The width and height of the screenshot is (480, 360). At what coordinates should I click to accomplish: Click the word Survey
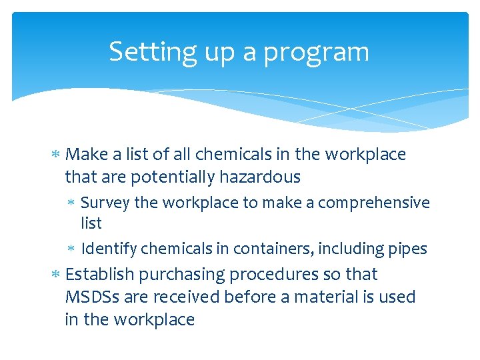point(105,203)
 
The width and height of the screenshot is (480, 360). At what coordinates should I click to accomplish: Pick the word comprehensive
point(374,203)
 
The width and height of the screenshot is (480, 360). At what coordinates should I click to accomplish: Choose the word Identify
point(109,249)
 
